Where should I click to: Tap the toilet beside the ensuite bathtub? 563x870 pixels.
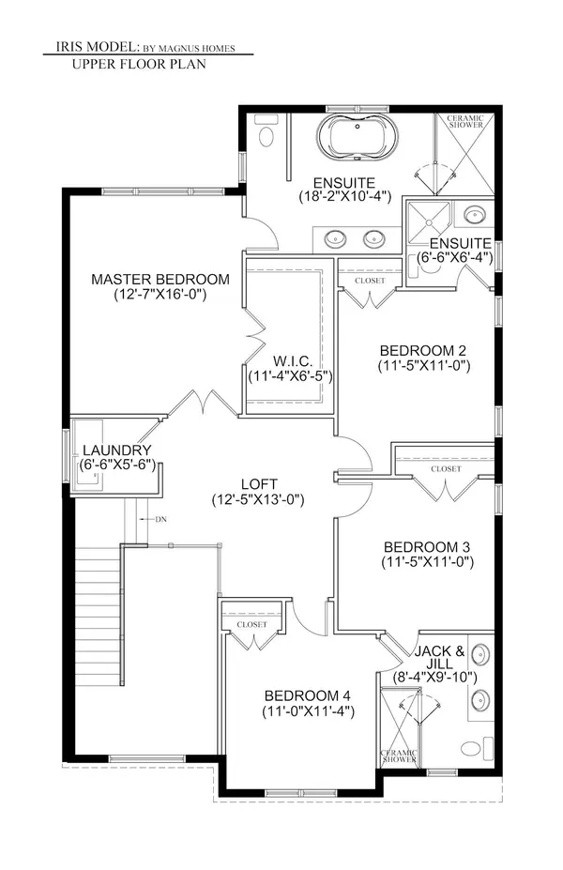tap(266, 138)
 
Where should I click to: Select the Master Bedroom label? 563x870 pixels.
tap(160, 280)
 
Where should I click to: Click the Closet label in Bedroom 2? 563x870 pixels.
tap(370, 281)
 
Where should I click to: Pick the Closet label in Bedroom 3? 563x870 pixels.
tap(446, 468)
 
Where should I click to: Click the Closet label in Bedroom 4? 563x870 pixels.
tap(251, 624)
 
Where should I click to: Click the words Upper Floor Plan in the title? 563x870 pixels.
tap(138, 65)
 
